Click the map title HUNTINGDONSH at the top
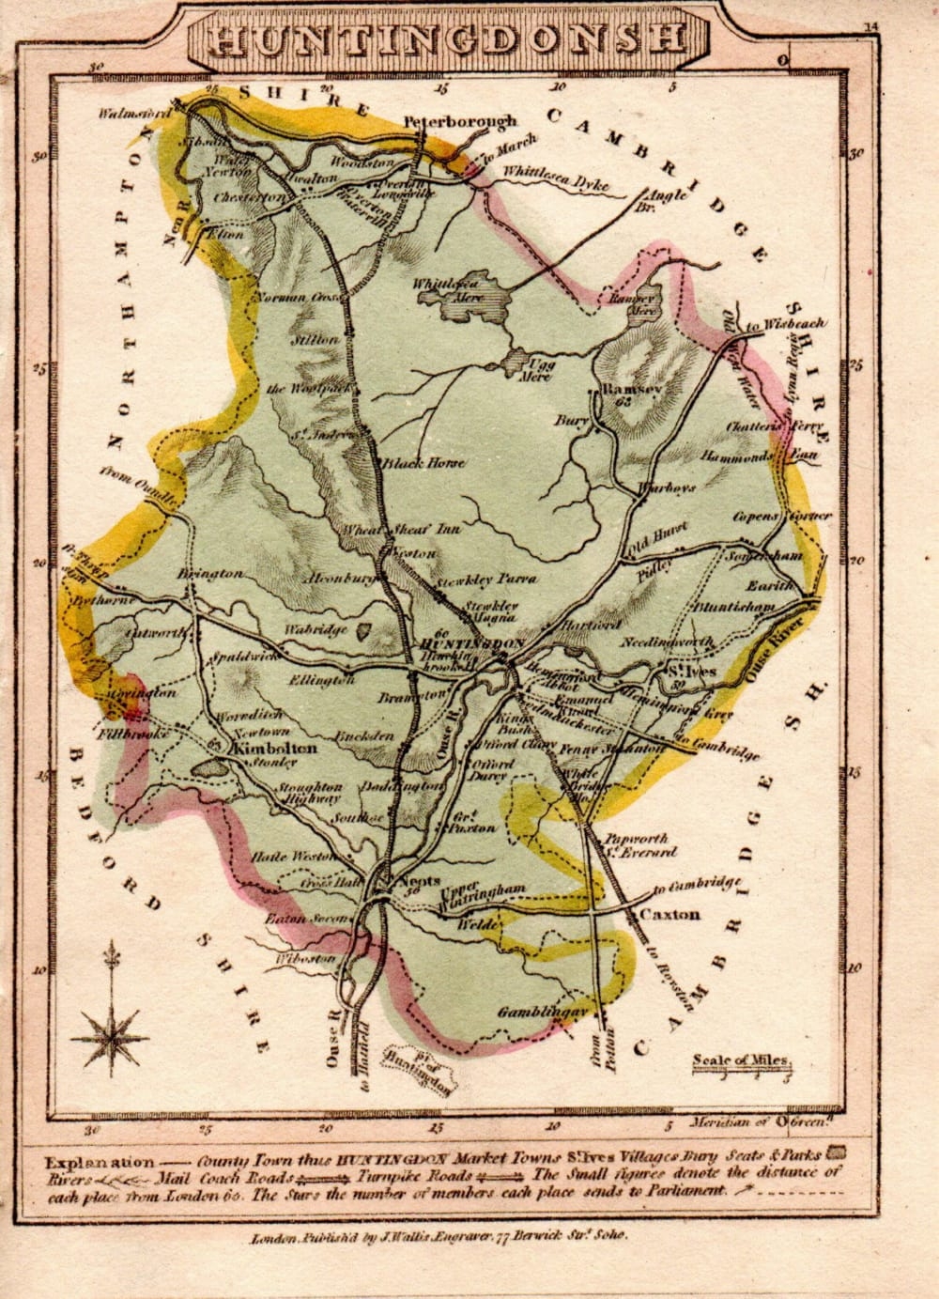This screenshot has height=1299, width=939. pyautogui.click(x=445, y=38)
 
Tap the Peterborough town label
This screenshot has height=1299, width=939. pyautogui.click(x=459, y=121)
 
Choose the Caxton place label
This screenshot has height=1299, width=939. pyautogui.click(x=670, y=914)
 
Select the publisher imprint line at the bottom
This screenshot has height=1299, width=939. pyautogui.click(x=439, y=1238)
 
